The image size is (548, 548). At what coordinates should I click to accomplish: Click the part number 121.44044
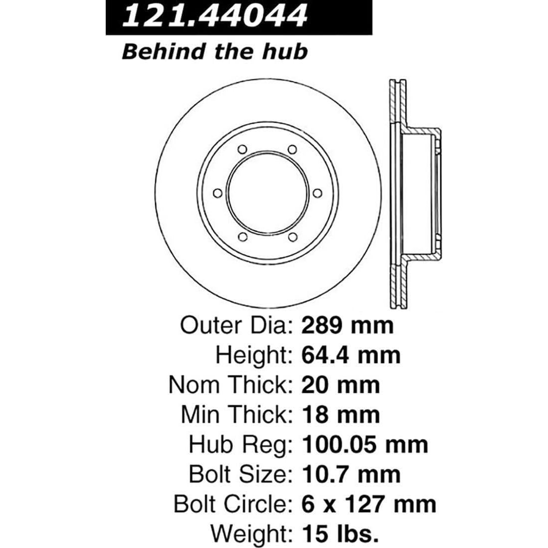[x=214, y=16]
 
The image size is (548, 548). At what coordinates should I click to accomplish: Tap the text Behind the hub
[x=214, y=51]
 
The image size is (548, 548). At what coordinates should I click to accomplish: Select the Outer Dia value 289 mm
[x=348, y=326]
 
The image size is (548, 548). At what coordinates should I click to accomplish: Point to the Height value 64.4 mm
[x=351, y=355]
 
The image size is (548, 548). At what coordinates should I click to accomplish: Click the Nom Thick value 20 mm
[x=341, y=384]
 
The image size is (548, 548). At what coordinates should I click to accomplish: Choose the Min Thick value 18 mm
[x=341, y=414]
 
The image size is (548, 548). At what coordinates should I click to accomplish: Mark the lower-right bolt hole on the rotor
[x=292, y=236]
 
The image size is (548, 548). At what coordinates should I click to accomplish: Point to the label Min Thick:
[x=235, y=414]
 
